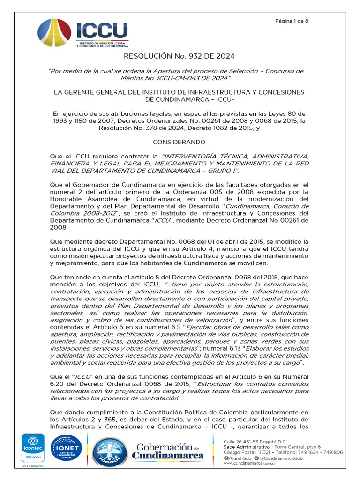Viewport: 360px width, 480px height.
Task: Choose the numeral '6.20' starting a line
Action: tap(59, 384)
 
